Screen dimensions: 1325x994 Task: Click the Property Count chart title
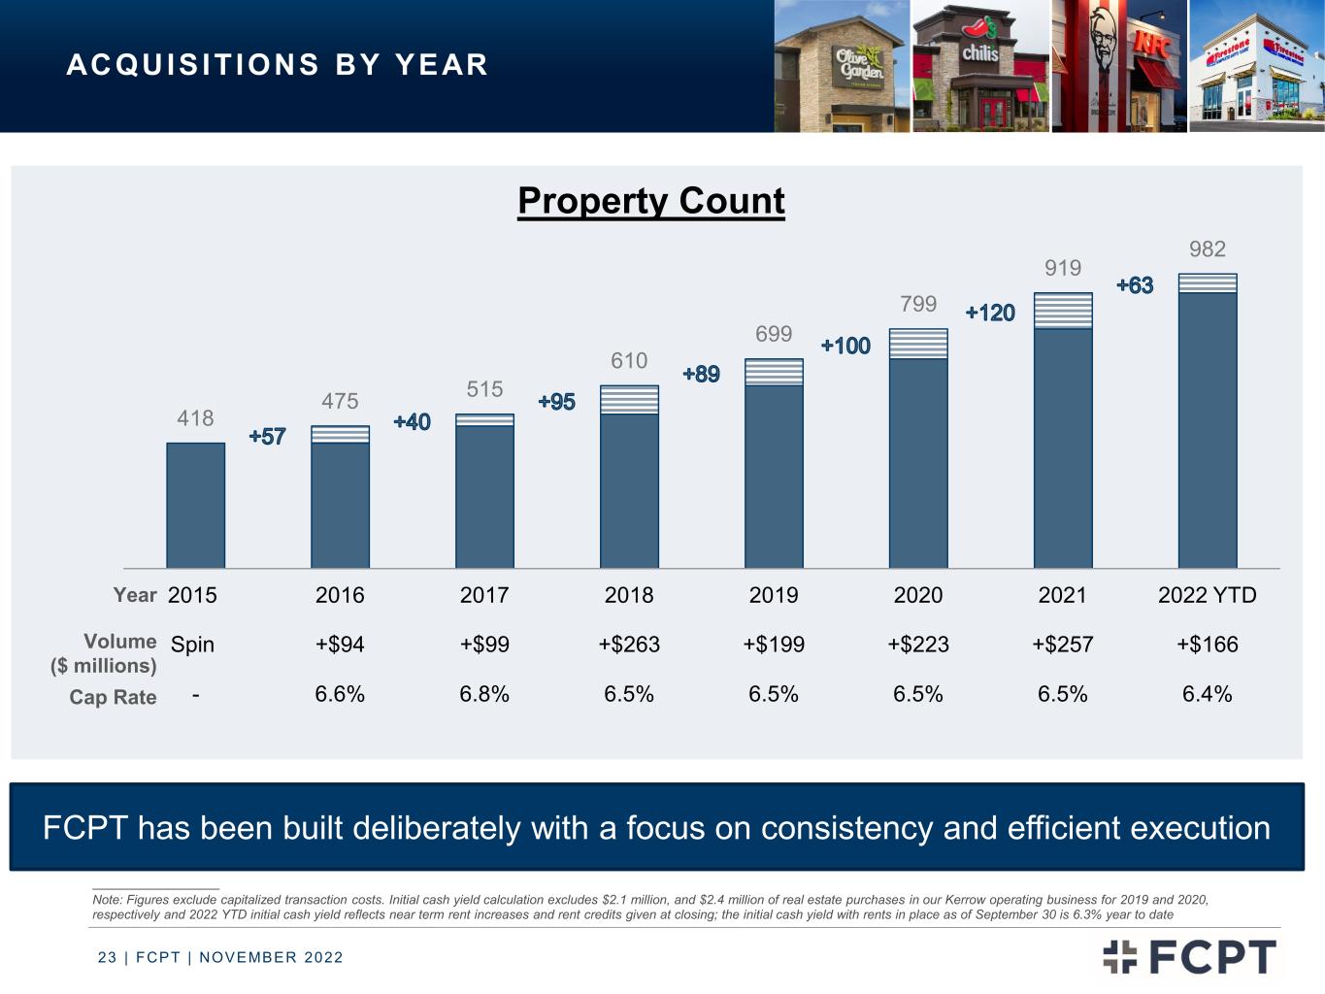click(650, 202)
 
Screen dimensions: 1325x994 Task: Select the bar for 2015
click(195, 505)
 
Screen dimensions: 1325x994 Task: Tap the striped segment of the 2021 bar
click(1063, 311)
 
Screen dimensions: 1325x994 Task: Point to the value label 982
click(1208, 248)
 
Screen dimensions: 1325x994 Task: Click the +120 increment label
click(990, 313)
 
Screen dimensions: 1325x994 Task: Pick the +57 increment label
click(267, 437)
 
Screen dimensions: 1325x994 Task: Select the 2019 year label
click(774, 595)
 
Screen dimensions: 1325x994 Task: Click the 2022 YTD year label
click(1207, 595)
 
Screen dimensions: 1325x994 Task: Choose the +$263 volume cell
click(629, 645)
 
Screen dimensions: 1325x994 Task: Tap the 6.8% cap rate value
click(484, 694)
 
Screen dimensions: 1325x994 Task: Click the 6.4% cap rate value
click(1207, 694)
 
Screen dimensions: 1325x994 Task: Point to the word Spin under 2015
click(192, 645)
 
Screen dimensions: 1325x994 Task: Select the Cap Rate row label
click(113, 697)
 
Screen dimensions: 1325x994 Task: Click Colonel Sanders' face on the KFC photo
click(1103, 38)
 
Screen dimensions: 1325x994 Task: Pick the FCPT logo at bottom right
click(1189, 956)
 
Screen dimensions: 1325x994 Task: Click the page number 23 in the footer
click(107, 958)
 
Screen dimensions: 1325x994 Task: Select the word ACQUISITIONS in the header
click(192, 65)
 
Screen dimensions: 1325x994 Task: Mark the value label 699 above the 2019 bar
click(774, 334)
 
